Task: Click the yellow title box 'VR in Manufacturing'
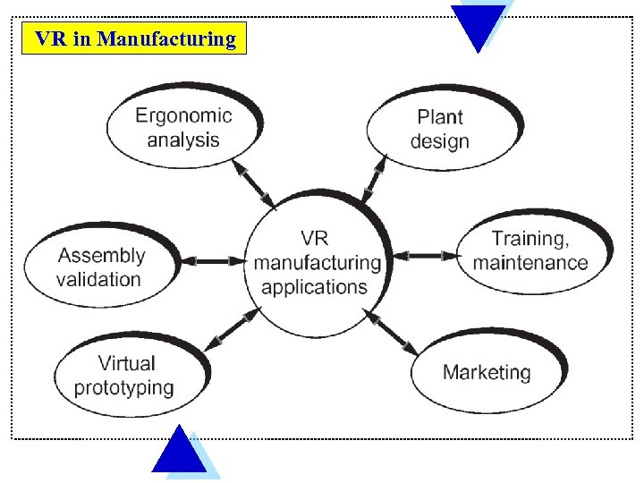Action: (x=134, y=39)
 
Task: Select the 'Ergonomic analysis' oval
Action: (x=182, y=127)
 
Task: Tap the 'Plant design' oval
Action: (x=441, y=129)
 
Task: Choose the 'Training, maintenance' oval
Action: (x=531, y=251)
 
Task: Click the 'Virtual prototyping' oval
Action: (x=125, y=376)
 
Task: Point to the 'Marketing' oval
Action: (x=487, y=372)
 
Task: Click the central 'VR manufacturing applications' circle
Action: (x=318, y=263)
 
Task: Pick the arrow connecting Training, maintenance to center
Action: (x=426, y=256)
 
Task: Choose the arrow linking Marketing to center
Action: (x=390, y=331)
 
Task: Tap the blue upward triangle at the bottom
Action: (x=179, y=452)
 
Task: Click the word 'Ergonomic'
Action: (x=183, y=115)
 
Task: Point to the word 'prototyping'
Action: (x=124, y=387)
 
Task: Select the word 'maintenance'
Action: (x=530, y=263)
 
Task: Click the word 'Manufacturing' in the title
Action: (x=167, y=39)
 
